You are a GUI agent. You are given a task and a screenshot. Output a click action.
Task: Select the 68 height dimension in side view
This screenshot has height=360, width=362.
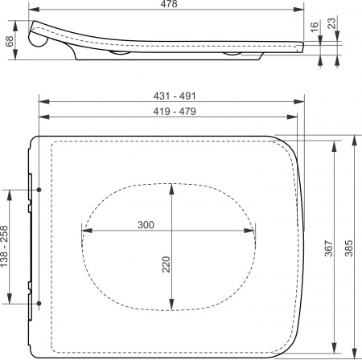pos(9,40)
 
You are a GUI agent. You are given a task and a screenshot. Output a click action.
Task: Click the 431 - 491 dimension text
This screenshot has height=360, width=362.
pos(171,96)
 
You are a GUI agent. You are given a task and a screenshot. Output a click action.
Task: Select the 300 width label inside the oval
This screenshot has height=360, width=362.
pos(146,225)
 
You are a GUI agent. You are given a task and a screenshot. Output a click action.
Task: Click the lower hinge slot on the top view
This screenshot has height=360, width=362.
pos(38,304)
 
